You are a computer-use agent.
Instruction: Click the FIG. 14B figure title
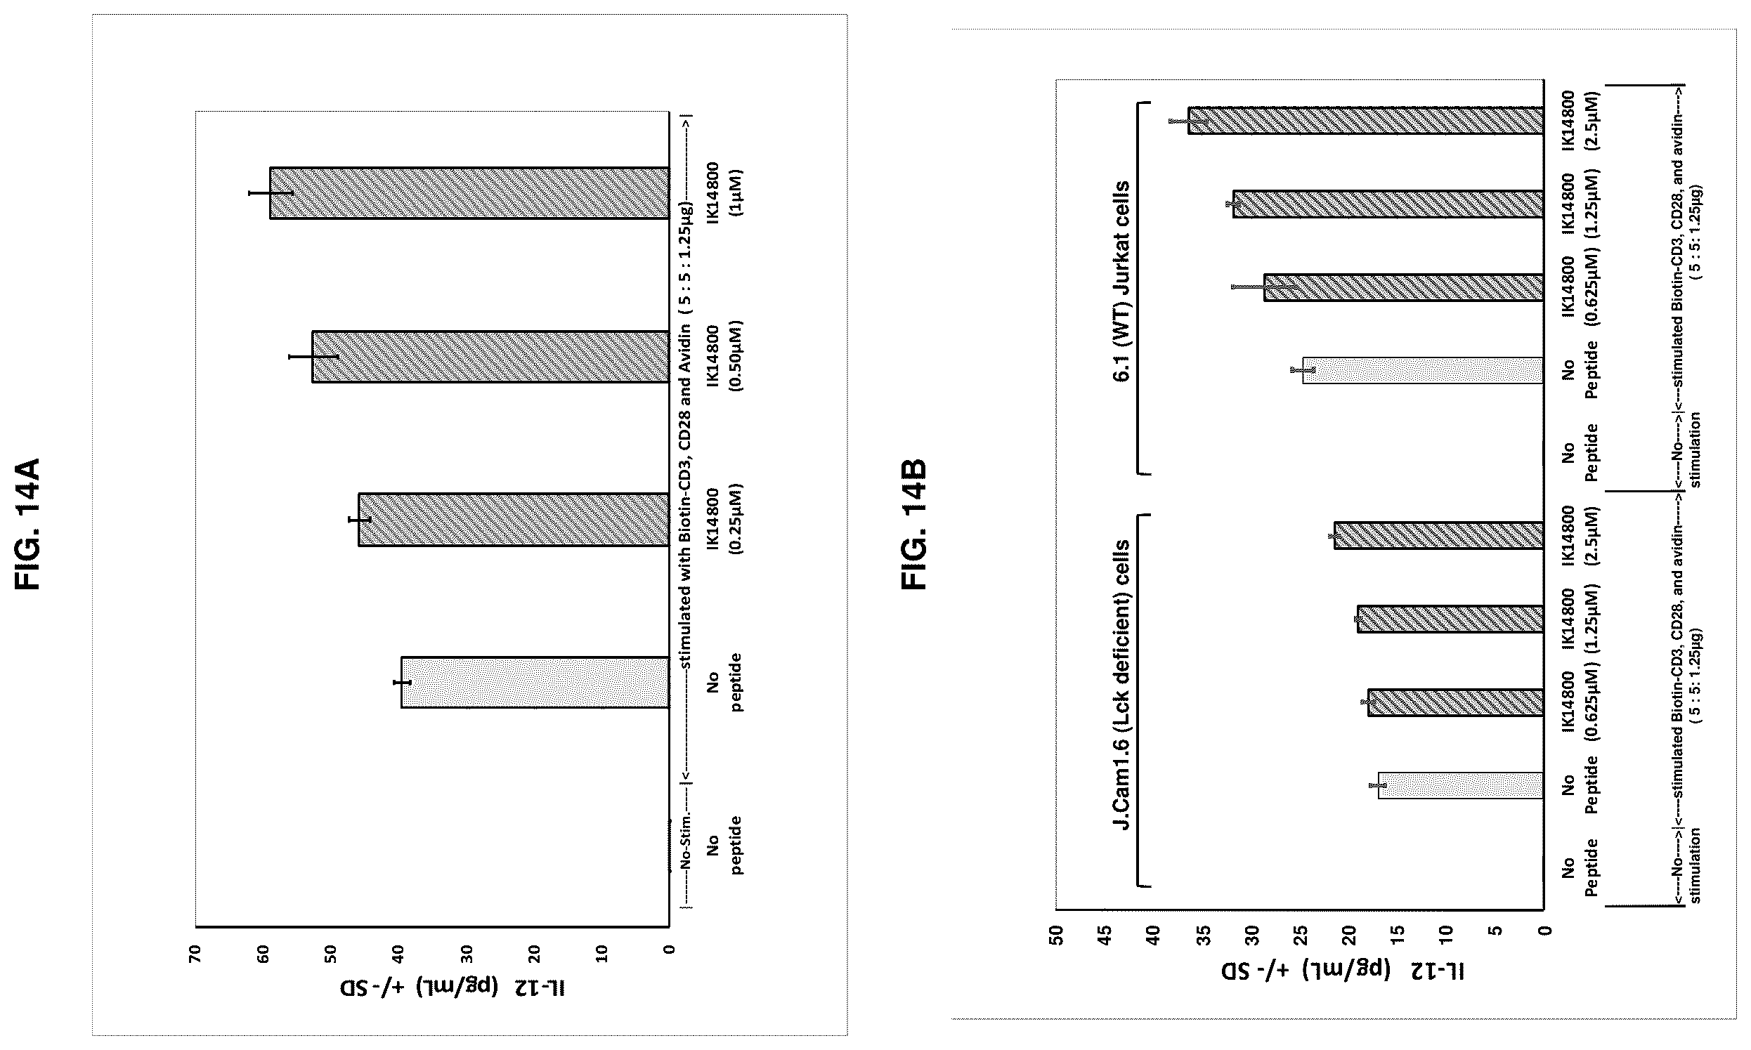coord(913,524)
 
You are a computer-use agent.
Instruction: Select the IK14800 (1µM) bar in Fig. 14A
coord(469,193)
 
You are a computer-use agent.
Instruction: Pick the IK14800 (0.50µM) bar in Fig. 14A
coord(490,357)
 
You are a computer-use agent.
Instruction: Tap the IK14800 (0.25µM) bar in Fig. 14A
coord(513,519)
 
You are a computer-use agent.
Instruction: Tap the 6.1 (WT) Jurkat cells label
coord(1121,282)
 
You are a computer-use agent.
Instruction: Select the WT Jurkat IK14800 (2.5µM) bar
coord(1365,120)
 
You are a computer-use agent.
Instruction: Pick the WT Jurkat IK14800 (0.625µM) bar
coord(1403,287)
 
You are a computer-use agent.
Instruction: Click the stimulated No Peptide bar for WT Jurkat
coord(1423,370)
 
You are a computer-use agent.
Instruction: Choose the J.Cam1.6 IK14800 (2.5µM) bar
coord(1438,535)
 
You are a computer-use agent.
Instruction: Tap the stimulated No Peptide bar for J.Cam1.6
coord(1461,785)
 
